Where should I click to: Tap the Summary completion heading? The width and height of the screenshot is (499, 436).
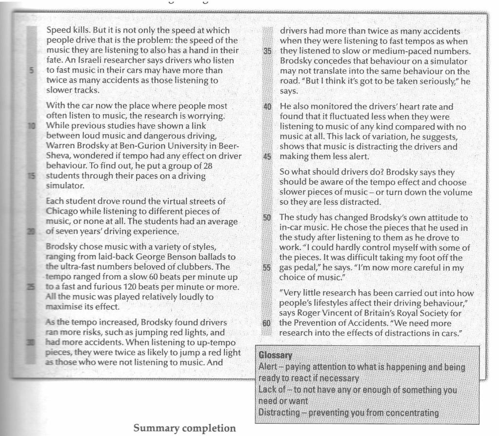pos(185,428)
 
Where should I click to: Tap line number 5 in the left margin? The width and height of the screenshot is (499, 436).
pos(31,71)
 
